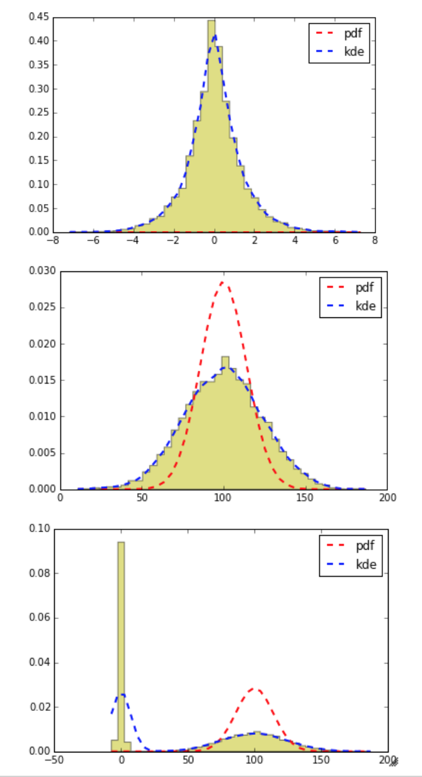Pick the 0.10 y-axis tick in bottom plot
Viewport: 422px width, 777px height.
pyautogui.click(x=39, y=529)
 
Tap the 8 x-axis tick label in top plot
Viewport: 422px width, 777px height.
pyautogui.click(x=375, y=240)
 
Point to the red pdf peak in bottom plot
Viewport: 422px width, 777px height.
pyautogui.click(x=254, y=688)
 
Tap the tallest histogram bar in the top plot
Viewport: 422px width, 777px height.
pyautogui.click(x=212, y=126)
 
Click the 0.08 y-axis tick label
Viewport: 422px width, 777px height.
pyautogui.click(x=39, y=574)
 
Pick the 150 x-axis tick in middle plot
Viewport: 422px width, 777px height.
pyautogui.click(x=305, y=497)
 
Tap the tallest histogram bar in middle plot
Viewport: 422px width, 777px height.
pyautogui.click(x=225, y=422)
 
